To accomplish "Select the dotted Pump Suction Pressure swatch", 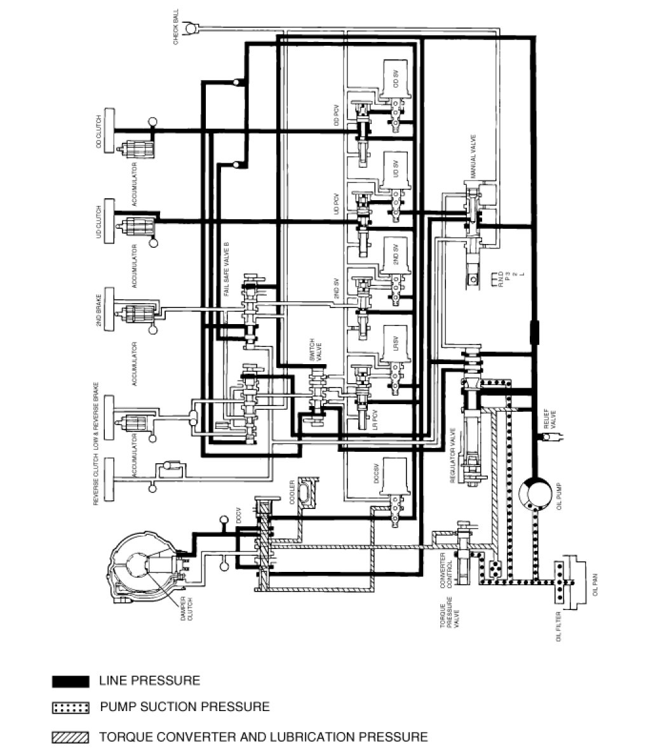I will coord(70,707).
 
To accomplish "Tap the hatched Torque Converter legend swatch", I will coord(70,737).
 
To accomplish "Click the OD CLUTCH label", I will coord(98,132).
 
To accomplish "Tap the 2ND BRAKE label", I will coord(98,312).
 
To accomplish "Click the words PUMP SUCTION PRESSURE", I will coord(184,707).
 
